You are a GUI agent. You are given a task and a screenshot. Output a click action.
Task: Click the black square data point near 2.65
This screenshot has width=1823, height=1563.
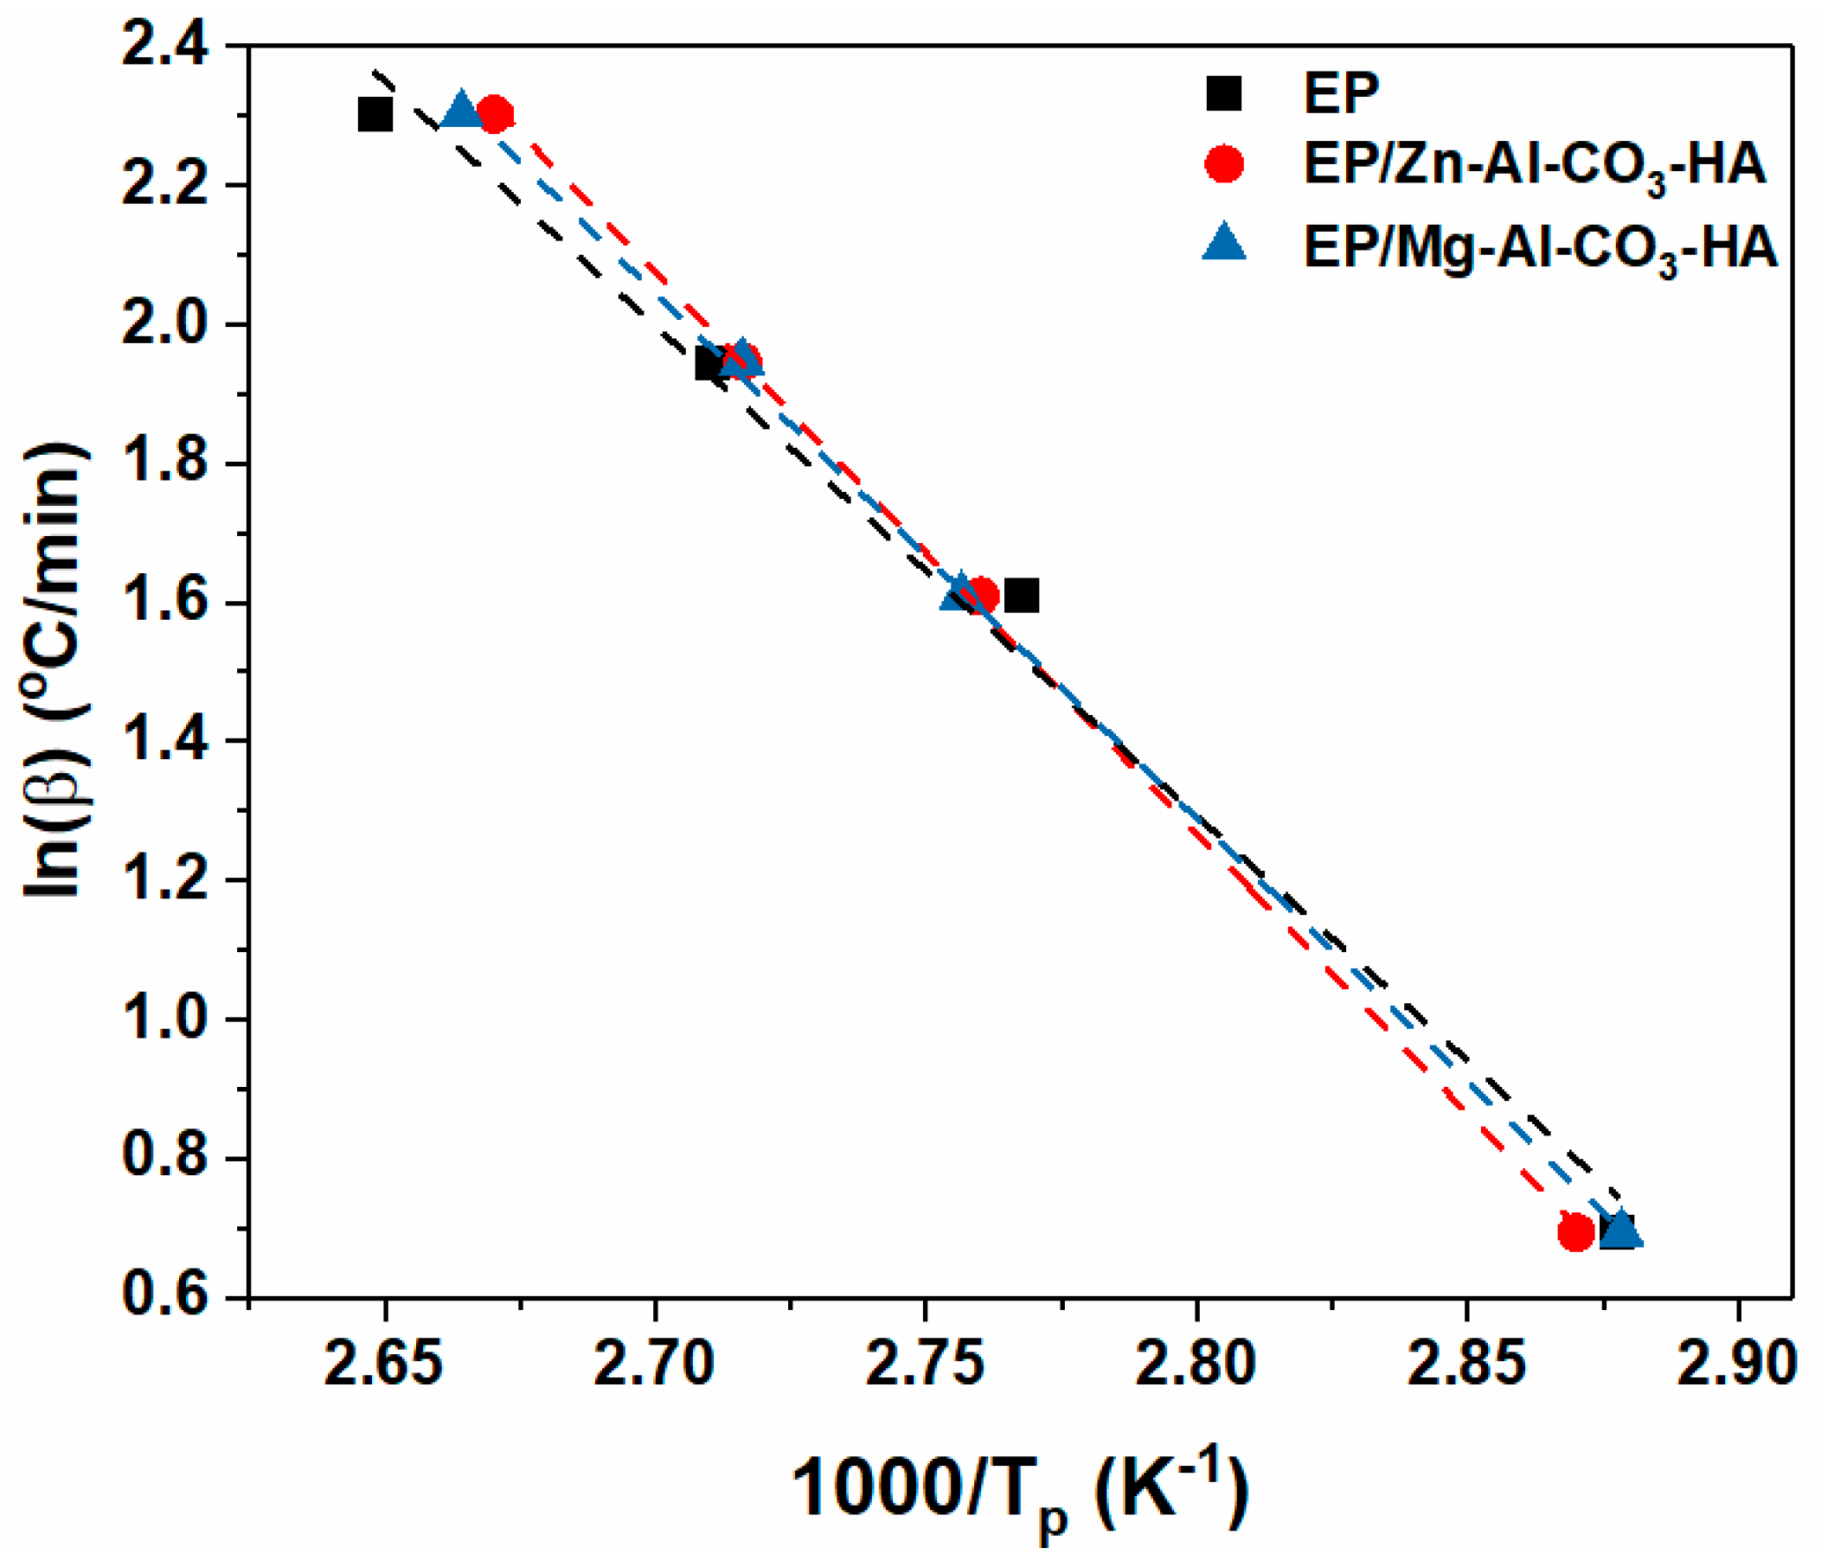click(x=376, y=115)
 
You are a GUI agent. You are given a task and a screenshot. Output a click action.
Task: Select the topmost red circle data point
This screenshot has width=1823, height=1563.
click(x=495, y=114)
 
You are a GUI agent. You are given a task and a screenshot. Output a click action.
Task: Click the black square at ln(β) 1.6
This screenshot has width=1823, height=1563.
click(x=1022, y=596)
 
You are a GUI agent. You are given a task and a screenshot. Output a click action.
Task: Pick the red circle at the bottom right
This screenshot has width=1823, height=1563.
click(x=1575, y=1232)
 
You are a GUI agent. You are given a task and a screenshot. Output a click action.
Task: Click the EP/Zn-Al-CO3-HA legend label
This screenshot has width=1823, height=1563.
click(x=1535, y=165)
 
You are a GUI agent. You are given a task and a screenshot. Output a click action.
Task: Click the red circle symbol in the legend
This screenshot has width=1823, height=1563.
click(x=1224, y=164)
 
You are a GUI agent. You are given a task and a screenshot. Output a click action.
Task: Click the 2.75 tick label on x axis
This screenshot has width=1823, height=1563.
click(x=925, y=1365)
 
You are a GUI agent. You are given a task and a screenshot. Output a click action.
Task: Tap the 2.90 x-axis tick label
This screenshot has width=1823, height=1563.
click(x=1736, y=1365)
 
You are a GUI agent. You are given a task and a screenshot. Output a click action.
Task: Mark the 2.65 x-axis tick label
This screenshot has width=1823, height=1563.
click(x=383, y=1365)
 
